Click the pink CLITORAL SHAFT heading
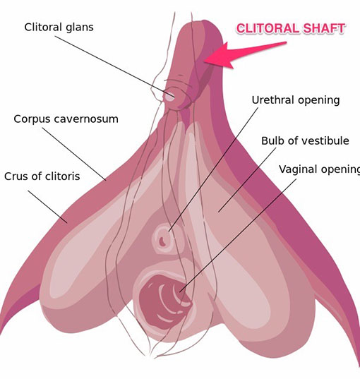pyautogui.click(x=290, y=28)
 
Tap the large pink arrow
pyautogui.click(x=244, y=55)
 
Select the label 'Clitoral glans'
pyautogui.click(x=59, y=27)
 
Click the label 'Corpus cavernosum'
pyautogui.click(x=66, y=119)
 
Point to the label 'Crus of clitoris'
pyautogui.click(x=42, y=176)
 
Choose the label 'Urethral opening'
pyautogui.click(x=296, y=100)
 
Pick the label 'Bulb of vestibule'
pyautogui.click(x=305, y=140)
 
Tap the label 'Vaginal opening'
pyautogui.click(x=319, y=169)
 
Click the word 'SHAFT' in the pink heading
pyautogui.click(x=324, y=28)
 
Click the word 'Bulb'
pyautogui.click(x=272, y=140)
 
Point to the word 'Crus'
pyautogui.click(x=15, y=176)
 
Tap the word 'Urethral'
pyautogui.click(x=272, y=100)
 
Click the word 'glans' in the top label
pyautogui.click(x=79, y=28)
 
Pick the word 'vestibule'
pyautogui.click(x=326, y=140)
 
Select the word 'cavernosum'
pyautogui.click(x=86, y=119)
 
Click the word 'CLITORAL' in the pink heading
pyautogui.click(x=267, y=28)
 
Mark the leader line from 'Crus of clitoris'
pyautogui.click(x=47, y=206)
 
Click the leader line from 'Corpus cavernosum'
pyautogui.click(x=74, y=154)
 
